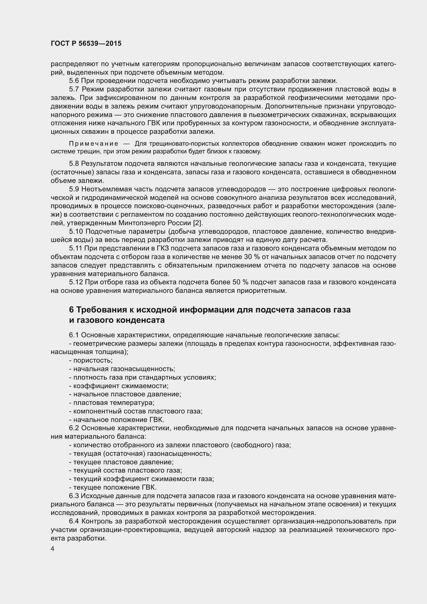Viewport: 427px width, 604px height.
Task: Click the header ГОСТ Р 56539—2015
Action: (x=86, y=44)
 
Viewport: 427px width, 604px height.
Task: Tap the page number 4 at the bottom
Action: (x=53, y=549)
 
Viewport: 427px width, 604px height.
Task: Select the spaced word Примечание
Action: (x=94, y=144)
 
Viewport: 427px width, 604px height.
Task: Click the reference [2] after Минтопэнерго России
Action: (x=198, y=223)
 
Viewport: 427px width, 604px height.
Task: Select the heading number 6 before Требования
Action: (x=71, y=310)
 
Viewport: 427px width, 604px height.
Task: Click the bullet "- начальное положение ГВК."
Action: (x=117, y=420)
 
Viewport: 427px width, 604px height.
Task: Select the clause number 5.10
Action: (x=76, y=231)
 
